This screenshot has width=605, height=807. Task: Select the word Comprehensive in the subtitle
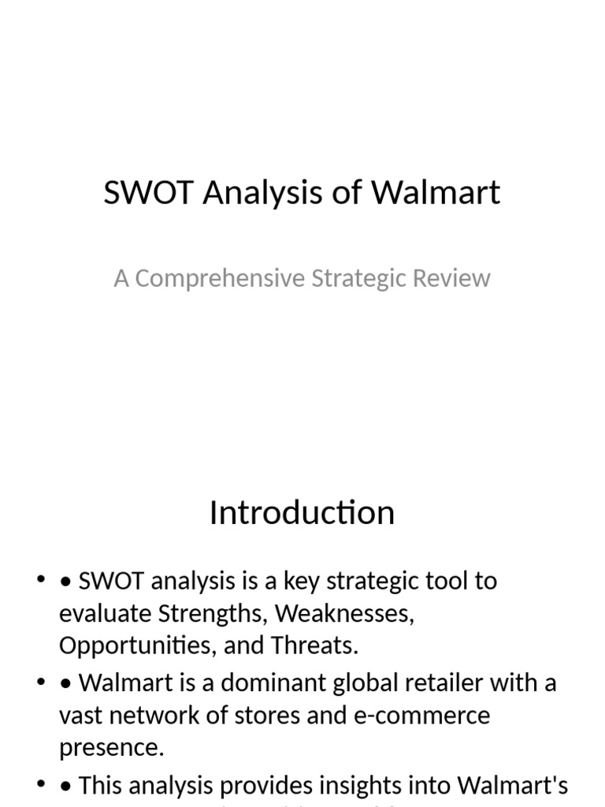click(220, 278)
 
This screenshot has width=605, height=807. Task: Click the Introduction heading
click(302, 513)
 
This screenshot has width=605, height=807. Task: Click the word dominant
click(258, 682)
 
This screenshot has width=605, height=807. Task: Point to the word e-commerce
click(442, 716)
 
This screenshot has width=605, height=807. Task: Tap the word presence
click(111, 747)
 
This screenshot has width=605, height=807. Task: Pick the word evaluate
click(106, 613)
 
